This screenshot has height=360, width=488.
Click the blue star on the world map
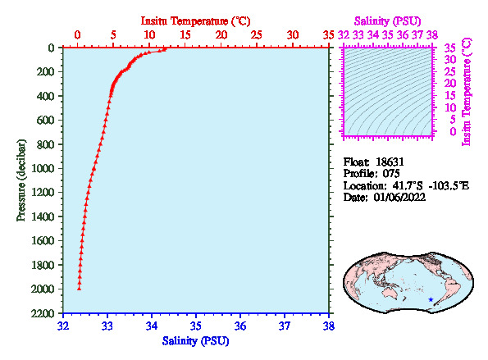coord(431,299)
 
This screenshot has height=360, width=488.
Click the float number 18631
coord(390,162)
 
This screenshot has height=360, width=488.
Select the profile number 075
coord(391,173)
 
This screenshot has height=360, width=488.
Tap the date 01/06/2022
coord(399,198)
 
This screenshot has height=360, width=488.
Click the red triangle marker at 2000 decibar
coord(79,289)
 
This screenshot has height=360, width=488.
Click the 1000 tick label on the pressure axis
coord(43,168)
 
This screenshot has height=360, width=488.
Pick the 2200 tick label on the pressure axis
coord(43,313)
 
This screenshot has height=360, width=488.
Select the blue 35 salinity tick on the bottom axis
coord(196,326)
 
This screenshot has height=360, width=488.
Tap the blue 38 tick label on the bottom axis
coord(329,326)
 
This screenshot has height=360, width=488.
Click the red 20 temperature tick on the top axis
coord(221,34)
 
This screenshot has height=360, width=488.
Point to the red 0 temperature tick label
coord(78,34)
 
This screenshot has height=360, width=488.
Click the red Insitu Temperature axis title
coord(195,21)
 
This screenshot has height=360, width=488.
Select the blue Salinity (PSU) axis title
coord(195,341)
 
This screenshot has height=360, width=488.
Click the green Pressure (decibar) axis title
coord(21,180)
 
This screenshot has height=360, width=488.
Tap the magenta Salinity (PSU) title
coord(388,21)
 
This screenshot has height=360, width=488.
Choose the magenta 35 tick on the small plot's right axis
coord(450,48)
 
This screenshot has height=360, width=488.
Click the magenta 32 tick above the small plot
coord(344,34)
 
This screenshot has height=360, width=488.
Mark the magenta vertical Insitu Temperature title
coord(467,92)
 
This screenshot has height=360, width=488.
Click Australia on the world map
coord(392,293)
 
